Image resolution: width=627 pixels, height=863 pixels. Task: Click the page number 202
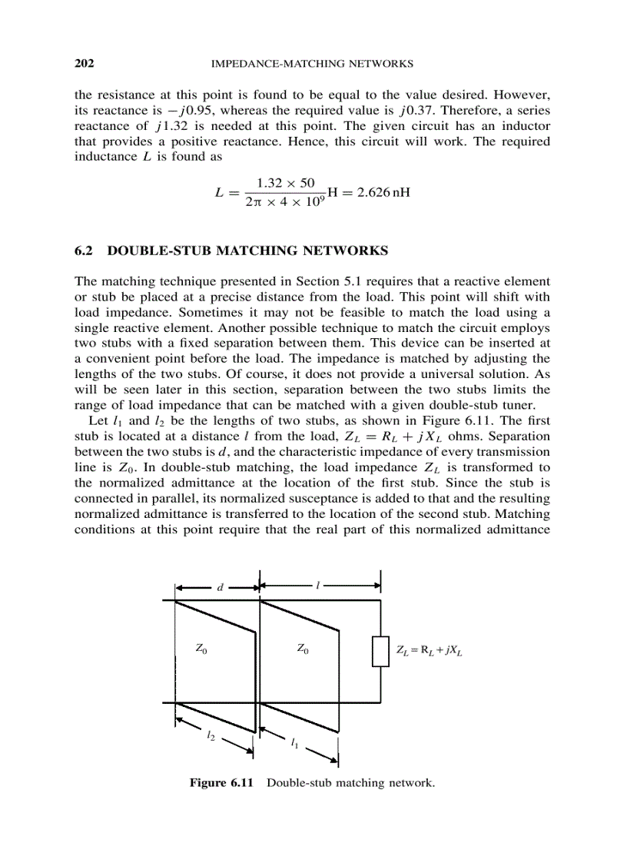click(84, 63)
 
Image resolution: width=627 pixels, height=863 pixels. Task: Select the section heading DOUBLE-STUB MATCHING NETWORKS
click(248, 251)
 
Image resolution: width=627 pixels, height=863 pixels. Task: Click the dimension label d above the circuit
click(219, 587)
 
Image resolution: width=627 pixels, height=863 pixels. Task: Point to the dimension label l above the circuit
click(318, 586)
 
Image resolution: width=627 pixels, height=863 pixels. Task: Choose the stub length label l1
click(295, 742)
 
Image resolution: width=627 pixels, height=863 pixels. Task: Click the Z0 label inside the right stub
click(304, 649)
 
